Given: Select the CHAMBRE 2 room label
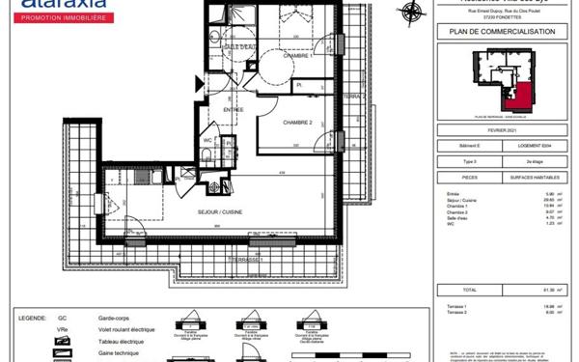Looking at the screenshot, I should click(301, 123).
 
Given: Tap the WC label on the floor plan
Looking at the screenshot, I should click(207, 141).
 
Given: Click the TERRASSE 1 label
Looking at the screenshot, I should click(248, 261).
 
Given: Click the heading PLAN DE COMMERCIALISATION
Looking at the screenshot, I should click(495, 32).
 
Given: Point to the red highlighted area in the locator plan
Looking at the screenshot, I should click(522, 97).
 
